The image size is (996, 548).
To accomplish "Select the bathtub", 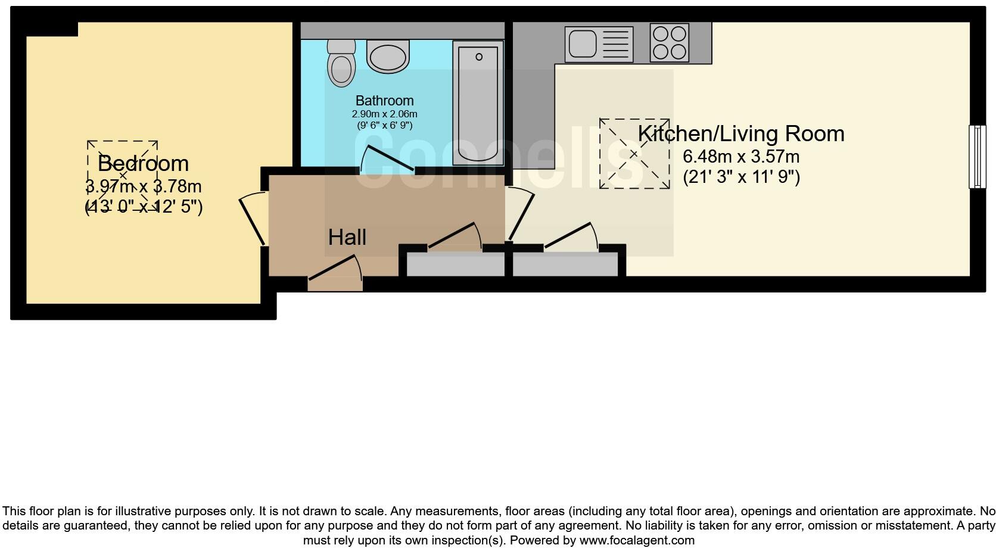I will [x=478, y=102].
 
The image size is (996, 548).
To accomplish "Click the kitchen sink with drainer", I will [x=598, y=44].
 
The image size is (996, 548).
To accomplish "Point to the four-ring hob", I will [x=670, y=43].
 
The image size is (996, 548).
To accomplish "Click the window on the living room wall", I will [x=977, y=157].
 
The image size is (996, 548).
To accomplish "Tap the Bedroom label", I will [x=143, y=163].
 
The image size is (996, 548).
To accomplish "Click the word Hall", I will [x=347, y=237].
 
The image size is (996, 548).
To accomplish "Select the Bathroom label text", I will [x=384, y=101].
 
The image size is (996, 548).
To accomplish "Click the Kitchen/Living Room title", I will [x=741, y=133].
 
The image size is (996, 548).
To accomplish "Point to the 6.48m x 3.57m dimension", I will [x=741, y=157].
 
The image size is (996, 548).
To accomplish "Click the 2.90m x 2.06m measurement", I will [x=384, y=114].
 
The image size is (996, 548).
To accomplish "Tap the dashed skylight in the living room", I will [x=634, y=154].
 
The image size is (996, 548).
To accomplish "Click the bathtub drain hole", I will [x=479, y=57].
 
